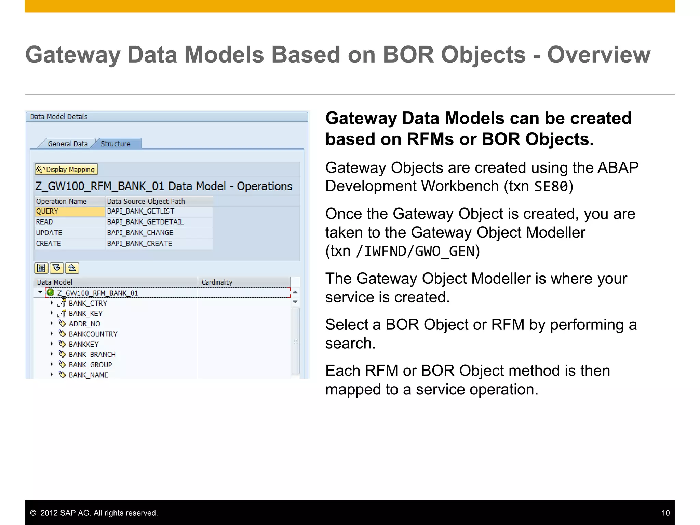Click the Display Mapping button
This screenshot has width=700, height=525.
[x=66, y=170]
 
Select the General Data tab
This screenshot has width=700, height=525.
[x=67, y=144]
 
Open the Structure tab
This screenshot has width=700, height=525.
[x=116, y=144]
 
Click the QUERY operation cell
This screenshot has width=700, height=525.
[x=69, y=212]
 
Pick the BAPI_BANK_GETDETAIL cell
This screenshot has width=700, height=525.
[x=146, y=222]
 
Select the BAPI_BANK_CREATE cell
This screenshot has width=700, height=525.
[x=140, y=244]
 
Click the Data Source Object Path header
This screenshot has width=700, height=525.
[x=146, y=201]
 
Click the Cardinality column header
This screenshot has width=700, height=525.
[x=217, y=282]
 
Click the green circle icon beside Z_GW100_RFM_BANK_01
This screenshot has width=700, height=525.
[x=51, y=293]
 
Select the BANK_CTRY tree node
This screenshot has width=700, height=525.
[x=88, y=304]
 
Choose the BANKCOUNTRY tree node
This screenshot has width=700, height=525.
[x=93, y=334]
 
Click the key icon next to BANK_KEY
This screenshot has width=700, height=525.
[x=62, y=313]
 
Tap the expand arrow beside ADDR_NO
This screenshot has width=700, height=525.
[x=52, y=323]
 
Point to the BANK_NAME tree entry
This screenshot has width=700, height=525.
[x=89, y=375]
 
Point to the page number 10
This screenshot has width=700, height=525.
[x=665, y=513]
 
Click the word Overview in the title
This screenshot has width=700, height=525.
[x=598, y=55]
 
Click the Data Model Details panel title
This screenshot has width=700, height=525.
[x=59, y=117]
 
